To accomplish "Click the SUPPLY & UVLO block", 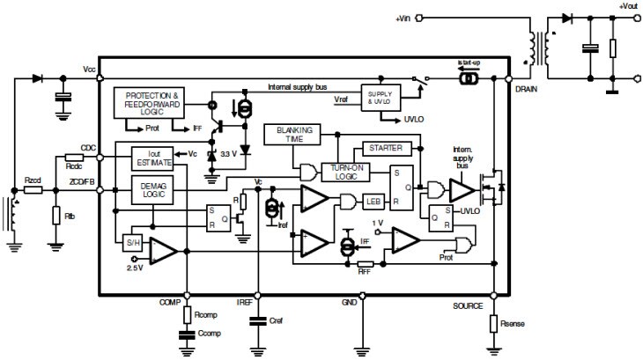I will point(378,97).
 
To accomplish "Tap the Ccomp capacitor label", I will point(210,334).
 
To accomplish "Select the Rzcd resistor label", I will point(33,180).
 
